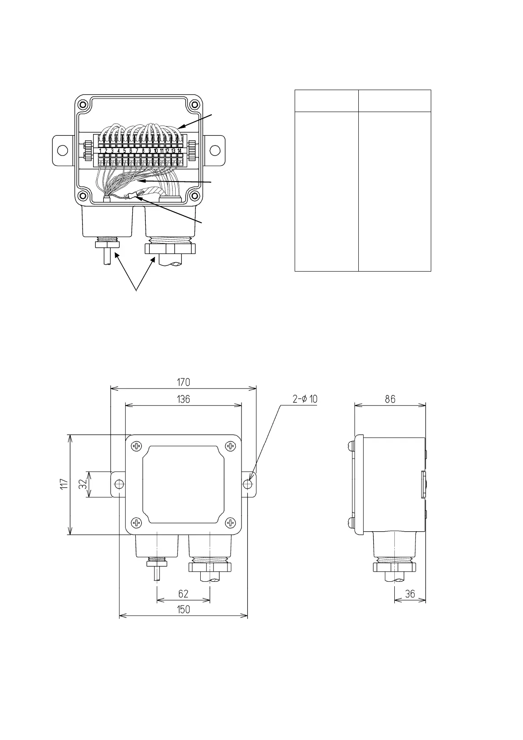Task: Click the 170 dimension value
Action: pos(184,382)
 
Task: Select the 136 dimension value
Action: pos(184,399)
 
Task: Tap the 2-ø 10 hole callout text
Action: pos(305,399)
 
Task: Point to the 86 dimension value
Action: pos(390,399)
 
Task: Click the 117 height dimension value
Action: pos(64,485)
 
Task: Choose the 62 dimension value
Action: pos(184,594)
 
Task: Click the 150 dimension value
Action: pos(184,609)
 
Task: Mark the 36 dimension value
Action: pos(410,594)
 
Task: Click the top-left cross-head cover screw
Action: pos(137,446)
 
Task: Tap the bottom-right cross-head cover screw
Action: pos(230,522)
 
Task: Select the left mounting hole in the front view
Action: pos(119,484)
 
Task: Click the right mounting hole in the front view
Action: pos(248,484)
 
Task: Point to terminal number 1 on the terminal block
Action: pos(101,151)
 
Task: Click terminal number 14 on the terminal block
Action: pos(179,151)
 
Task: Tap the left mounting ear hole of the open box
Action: pos(63,150)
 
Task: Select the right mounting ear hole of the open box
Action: pos(215,150)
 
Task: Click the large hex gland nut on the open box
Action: pos(170,249)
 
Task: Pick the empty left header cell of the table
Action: pos(326,101)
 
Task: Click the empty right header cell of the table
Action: pos(394,101)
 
